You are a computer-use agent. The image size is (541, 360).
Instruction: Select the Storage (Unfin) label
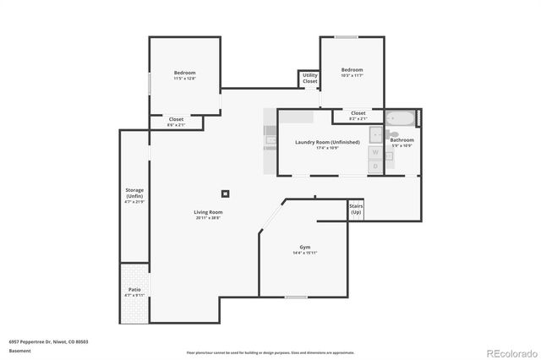point(134,193)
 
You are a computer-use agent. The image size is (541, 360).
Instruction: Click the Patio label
point(134,289)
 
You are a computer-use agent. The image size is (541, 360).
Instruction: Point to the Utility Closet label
point(310,78)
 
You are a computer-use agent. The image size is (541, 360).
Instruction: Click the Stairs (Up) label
point(356,208)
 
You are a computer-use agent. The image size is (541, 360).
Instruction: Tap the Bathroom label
point(402,139)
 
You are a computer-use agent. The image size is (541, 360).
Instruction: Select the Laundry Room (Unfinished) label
point(327,142)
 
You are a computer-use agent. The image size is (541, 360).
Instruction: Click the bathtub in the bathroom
point(401,117)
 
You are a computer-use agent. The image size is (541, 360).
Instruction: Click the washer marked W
point(375,152)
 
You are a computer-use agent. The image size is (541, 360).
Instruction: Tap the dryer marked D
point(375,166)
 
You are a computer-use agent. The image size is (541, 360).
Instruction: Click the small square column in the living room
point(225,192)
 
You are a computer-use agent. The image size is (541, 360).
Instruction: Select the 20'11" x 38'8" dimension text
point(207,218)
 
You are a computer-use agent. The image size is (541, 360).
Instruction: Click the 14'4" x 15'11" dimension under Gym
point(304,253)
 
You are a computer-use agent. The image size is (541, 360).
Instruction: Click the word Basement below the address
point(19,350)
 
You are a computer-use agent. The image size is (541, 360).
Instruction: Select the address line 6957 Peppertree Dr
point(48,341)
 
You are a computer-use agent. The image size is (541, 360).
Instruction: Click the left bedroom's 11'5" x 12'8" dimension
point(184,79)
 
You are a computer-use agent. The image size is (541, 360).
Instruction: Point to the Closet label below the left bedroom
point(176,119)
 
